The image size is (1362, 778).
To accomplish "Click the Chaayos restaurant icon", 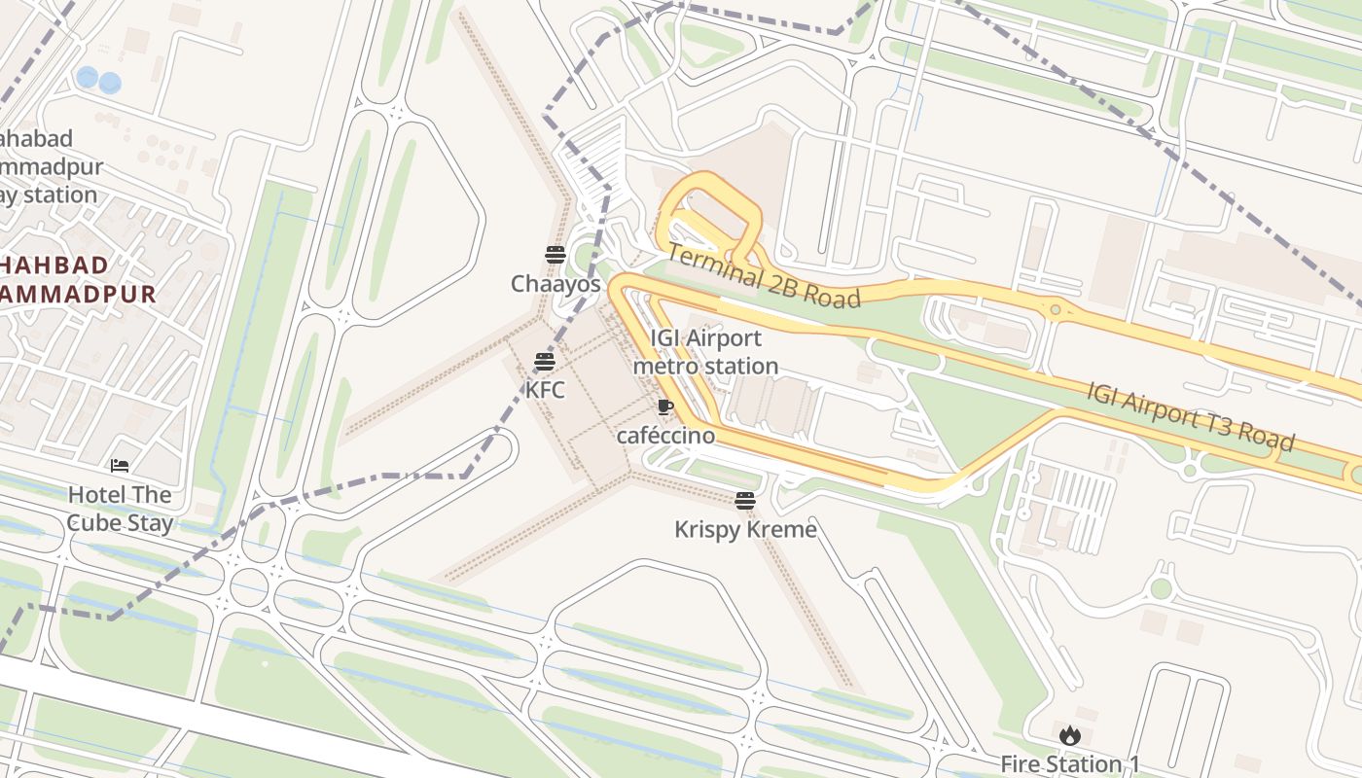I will [x=556, y=256].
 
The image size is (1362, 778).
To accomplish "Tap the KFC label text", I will [x=545, y=390].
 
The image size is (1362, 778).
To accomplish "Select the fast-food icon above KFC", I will [x=545, y=363].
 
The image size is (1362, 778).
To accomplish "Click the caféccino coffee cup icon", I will [x=665, y=407].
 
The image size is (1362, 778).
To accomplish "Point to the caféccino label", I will [x=665, y=436].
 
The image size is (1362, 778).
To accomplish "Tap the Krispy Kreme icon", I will [x=745, y=501].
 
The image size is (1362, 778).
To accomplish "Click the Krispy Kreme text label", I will [x=745, y=529].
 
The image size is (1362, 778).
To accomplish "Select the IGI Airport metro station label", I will [x=706, y=352].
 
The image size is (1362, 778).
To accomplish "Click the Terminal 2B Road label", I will [x=765, y=276].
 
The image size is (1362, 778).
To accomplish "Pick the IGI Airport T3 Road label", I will [x=1191, y=417].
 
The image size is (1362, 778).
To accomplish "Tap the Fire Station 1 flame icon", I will [x=1070, y=736].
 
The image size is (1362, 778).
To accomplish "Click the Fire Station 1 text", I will [x=1070, y=764].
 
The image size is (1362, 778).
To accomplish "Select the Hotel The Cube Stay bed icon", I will [x=120, y=466].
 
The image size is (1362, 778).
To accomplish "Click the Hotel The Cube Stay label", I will [x=120, y=509].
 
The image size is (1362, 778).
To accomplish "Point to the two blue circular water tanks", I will [x=98, y=80].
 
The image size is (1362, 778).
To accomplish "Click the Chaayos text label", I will [x=556, y=284].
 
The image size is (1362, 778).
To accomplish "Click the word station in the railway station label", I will [x=60, y=194].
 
